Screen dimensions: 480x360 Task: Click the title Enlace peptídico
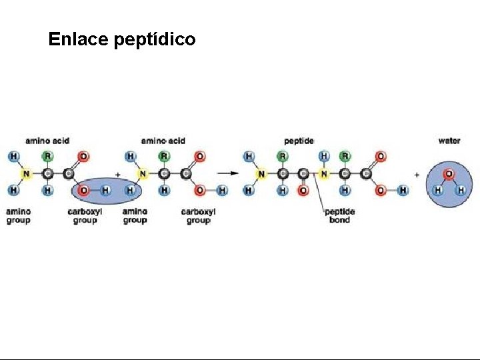[122, 40]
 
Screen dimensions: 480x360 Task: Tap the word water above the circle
[449, 141]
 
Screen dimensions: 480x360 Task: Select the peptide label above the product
[298, 141]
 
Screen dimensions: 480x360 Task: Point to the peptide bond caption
[339, 215]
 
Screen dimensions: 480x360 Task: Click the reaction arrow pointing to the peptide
[229, 173]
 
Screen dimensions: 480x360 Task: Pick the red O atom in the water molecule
[449, 174]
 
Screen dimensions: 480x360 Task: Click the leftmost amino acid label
[47, 141]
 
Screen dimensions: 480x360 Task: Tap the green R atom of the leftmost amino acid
[47, 157]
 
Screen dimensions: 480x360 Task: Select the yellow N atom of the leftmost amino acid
[26, 174]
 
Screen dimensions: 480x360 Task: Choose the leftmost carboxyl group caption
[85, 215]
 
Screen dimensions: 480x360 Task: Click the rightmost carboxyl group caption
[198, 215]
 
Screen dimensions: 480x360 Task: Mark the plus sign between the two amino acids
[118, 173]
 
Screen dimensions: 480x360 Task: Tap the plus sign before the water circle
[417, 173]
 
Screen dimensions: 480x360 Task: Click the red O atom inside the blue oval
[83, 191]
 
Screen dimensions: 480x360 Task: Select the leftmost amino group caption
[18, 215]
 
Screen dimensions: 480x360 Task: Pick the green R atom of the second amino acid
[163, 157]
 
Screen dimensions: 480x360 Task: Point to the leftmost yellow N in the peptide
[261, 174]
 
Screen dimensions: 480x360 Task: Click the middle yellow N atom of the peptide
[323, 174]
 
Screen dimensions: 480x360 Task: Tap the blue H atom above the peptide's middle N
[323, 157]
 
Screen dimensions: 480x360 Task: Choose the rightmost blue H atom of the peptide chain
[403, 191]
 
